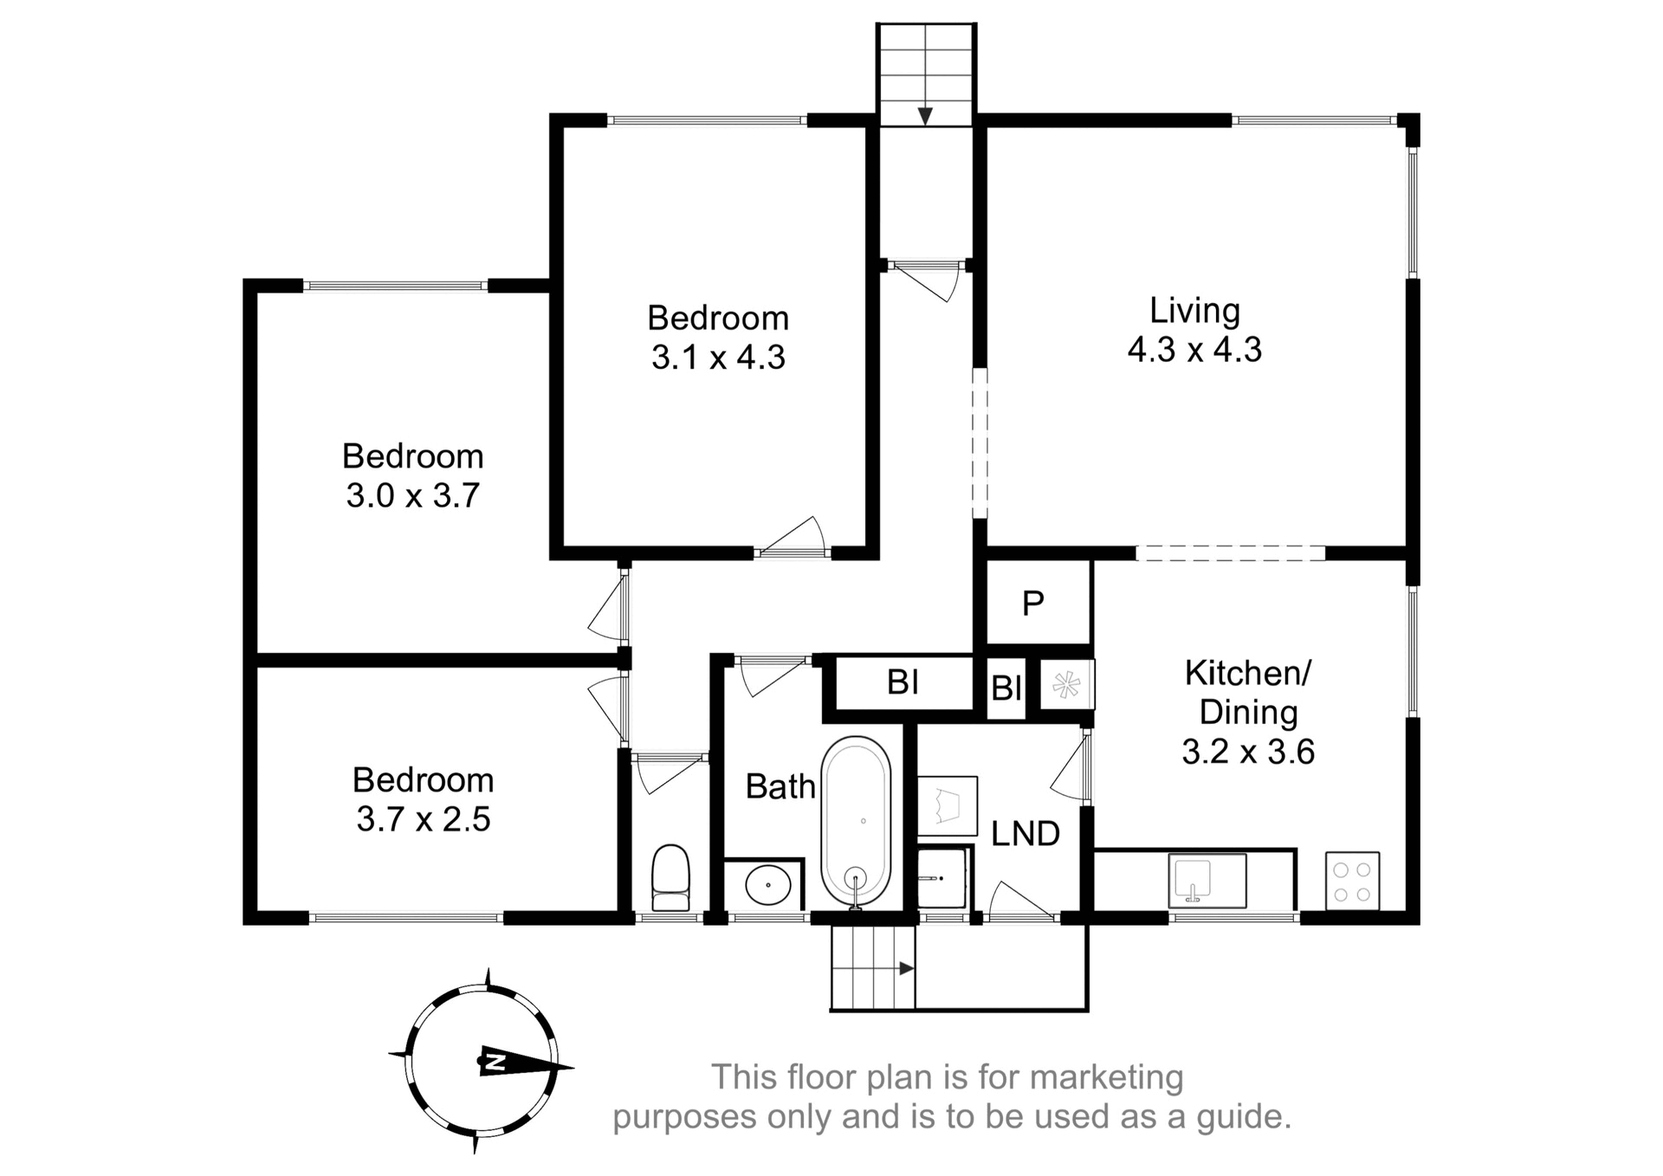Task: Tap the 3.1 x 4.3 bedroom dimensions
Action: click(718, 357)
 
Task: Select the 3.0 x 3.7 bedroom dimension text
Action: click(413, 495)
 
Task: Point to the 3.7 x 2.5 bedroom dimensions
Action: click(424, 819)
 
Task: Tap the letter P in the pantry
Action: click(1032, 604)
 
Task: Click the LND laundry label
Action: click(1026, 834)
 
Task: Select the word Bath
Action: click(780, 786)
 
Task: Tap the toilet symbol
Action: click(670, 877)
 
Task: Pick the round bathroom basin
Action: click(767, 885)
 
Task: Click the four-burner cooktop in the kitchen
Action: click(1352, 882)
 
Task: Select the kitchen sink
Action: click(1207, 880)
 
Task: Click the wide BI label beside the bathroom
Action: click(903, 682)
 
